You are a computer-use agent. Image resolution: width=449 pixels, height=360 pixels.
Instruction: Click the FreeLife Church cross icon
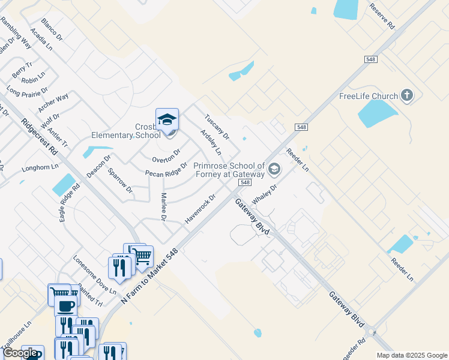[x=407, y=96]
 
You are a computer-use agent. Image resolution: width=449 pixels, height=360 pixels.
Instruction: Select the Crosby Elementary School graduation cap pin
[x=167, y=119]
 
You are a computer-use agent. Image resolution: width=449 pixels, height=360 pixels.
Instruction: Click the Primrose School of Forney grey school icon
[x=274, y=169]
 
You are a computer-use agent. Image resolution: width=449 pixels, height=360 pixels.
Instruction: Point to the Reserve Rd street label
[x=382, y=17]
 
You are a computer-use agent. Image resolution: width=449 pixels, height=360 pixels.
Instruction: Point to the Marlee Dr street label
[x=163, y=206]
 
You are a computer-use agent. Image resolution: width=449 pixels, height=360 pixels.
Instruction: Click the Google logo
[x=20, y=353]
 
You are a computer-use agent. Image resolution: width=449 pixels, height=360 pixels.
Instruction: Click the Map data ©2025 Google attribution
[x=412, y=355]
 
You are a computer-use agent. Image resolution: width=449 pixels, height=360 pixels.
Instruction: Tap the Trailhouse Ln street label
[x=16, y=339]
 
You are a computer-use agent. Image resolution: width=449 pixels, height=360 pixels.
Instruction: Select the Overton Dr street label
[x=166, y=156]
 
